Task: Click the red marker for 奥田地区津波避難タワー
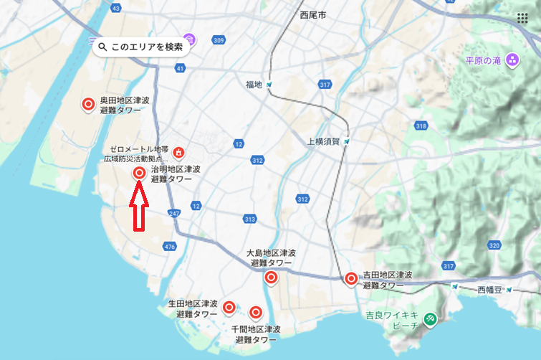88,105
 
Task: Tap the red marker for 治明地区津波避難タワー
139,173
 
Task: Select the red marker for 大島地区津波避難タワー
271,278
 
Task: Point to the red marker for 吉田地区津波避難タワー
351,279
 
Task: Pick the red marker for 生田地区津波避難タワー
229,308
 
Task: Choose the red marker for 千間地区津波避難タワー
256,312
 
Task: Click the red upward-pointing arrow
138,207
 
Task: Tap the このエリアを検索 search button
141,47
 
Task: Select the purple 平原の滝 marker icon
512,60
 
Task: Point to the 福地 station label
254,85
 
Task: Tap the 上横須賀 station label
322,141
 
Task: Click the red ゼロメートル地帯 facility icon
178,152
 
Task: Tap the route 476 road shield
169,247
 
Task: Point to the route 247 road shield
174,214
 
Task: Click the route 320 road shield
494,245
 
